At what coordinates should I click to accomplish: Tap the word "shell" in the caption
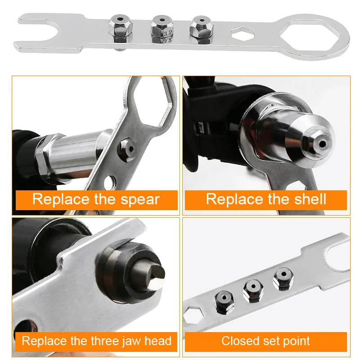306,199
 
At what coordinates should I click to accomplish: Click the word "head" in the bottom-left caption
157,341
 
